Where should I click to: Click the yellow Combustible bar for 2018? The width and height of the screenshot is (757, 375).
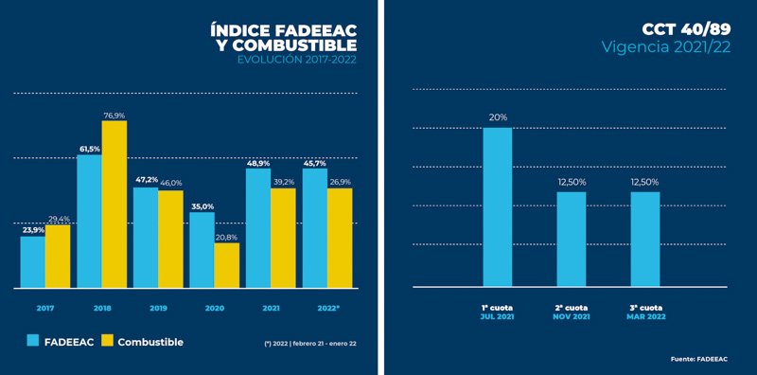click(x=114, y=204)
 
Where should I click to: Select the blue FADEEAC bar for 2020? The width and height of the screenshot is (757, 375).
click(x=202, y=250)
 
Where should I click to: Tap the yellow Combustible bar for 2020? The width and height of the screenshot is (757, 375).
click(x=226, y=265)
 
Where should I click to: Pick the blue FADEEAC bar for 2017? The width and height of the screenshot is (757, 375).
click(x=33, y=261)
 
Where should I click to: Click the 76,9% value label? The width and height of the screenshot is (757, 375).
click(x=114, y=115)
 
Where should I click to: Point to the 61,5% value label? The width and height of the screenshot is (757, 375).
click(x=89, y=149)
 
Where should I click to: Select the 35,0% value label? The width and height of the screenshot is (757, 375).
click(x=202, y=205)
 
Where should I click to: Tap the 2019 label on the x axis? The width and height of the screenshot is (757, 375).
click(x=157, y=309)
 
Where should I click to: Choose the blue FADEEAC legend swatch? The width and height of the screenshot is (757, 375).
click(x=33, y=341)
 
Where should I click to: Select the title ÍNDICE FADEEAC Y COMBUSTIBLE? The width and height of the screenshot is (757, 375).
click(x=284, y=40)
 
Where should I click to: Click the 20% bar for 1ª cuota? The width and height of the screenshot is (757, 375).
click(x=497, y=206)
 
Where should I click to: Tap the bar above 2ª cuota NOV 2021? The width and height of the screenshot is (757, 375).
click(x=571, y=239)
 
